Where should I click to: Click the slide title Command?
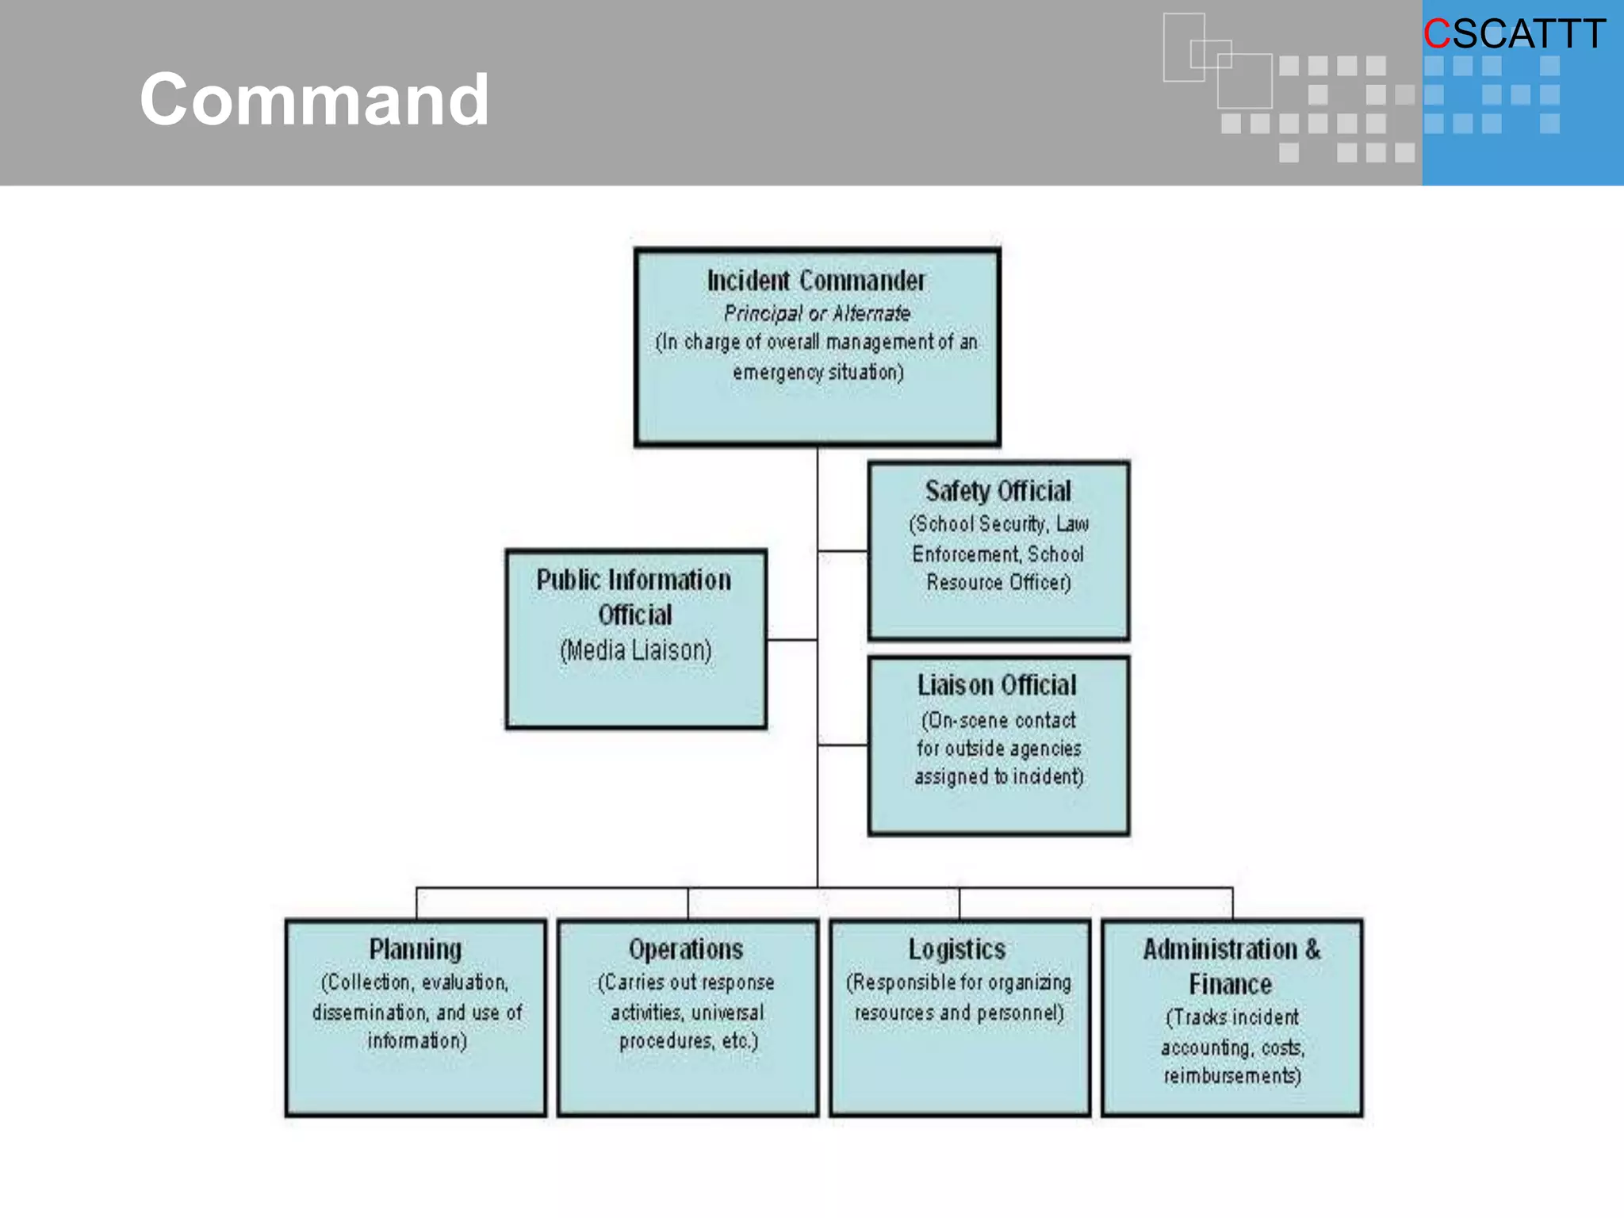(314, 99)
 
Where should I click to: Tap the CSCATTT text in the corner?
(1515, 34)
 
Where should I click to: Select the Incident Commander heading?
(816, 281)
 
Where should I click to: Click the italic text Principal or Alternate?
(817, 313)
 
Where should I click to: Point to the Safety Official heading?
(998, 492)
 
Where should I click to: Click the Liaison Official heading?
(997, 685)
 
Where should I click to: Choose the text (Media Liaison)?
(636, 650)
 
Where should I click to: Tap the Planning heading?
(416, 950)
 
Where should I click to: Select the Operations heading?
(686, 949)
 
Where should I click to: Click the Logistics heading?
(957, 950)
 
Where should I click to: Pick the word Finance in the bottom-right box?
(1230, 984)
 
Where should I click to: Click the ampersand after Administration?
(1313, 949)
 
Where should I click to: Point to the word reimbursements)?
(1232, 1076)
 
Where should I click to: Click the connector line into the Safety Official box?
(843, 550)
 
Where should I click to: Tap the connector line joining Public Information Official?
(792, 639)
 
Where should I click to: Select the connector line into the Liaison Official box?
(843, 745)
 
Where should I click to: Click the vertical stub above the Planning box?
(416, 904)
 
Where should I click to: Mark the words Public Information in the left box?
(634, 580)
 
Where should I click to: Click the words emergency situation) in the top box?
(818, 372)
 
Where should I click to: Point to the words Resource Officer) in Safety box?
(998, 583)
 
